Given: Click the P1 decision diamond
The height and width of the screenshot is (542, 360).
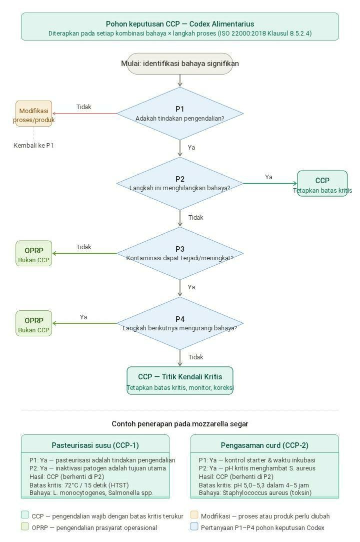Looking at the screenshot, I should click(x=180, y=114).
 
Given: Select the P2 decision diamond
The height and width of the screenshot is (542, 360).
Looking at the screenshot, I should click(x=180, y=184).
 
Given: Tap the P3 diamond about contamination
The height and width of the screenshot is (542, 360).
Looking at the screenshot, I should click(x=180, y=253).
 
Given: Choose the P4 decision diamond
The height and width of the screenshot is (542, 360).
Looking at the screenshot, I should click(x=180, y=323).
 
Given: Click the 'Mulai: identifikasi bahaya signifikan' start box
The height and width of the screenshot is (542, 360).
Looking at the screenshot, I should click(x=180, y=64).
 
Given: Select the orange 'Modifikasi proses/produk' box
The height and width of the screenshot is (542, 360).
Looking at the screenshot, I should click(x=34, y=115).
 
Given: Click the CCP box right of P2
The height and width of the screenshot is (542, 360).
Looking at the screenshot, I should click(x=322, y=184).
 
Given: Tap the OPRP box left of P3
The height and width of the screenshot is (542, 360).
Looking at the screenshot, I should click(x=34, y=254).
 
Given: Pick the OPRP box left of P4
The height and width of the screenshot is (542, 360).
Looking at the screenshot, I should click(x=34, y=324).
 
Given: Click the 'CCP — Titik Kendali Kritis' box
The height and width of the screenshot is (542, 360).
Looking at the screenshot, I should click(x=180, y=381).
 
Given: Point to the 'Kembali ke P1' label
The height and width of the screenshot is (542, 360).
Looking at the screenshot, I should click(x=34, y=146).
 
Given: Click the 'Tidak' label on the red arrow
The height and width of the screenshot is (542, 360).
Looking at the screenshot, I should click(x=84, y=107).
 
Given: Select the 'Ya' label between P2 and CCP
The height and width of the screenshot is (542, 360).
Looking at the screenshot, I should click(x=269, y=177).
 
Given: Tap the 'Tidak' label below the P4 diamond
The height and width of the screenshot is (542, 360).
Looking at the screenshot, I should click(x=196, y=357).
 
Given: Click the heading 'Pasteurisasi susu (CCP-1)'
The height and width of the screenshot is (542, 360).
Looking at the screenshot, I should click(x=95, y=445).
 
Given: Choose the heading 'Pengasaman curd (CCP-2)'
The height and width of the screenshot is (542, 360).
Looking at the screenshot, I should click(x=264, y=445).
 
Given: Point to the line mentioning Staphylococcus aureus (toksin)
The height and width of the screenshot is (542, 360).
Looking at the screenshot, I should click(x=255, y=493).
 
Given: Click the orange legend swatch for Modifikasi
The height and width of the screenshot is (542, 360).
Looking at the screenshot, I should click(x=194, y=515).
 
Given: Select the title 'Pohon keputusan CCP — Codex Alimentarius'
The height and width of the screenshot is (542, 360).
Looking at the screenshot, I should click(x=180, y=24).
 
